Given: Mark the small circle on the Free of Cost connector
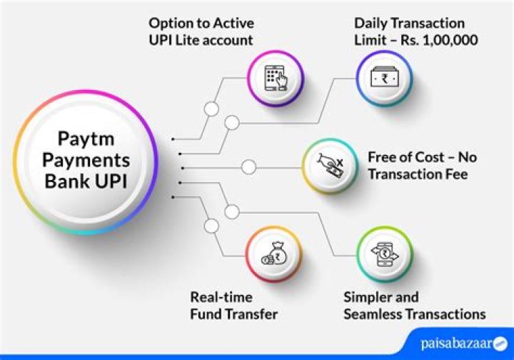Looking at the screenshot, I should [248, 168].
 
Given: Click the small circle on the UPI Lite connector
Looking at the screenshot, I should [211, 109].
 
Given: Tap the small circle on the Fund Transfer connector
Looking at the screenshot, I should [211, 226].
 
